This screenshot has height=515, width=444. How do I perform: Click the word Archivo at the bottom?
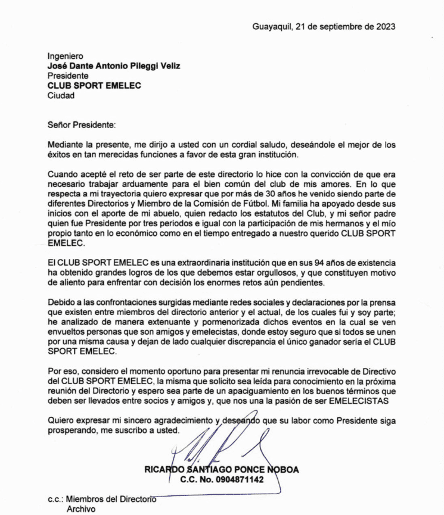click(79, 510)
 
